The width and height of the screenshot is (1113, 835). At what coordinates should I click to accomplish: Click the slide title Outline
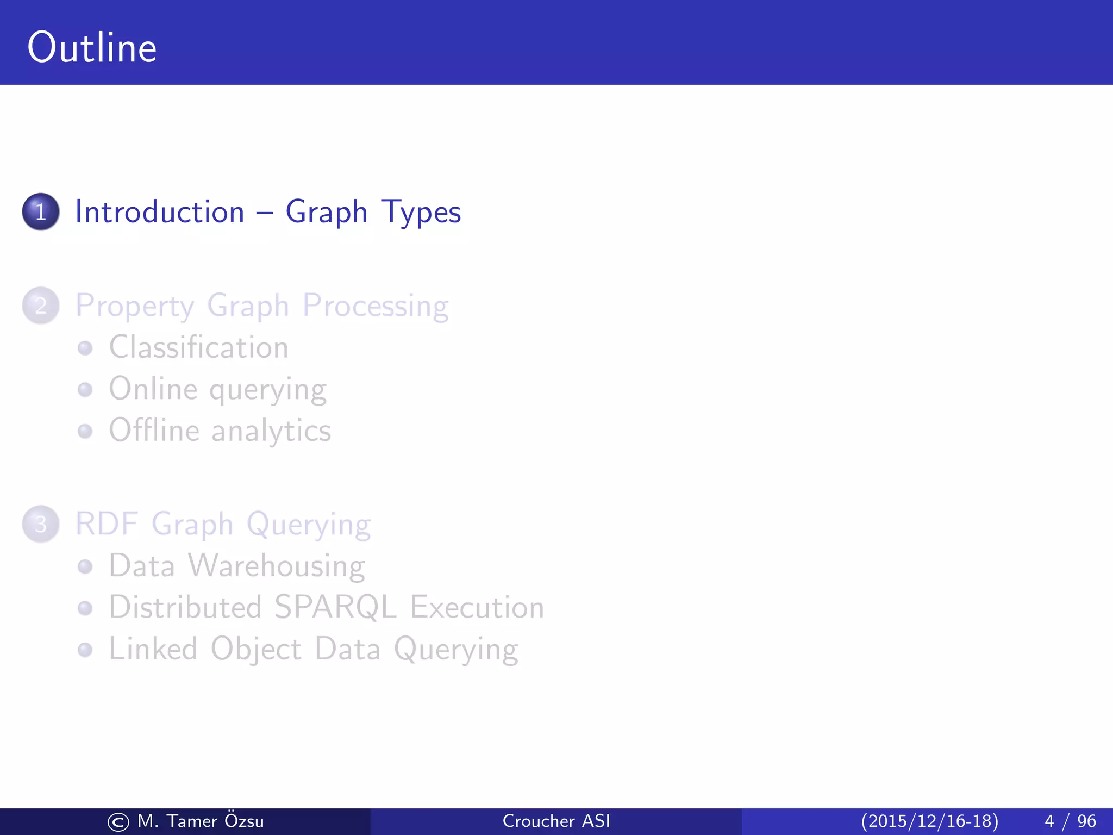point(92,48)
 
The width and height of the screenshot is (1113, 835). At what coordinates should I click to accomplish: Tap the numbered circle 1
point(41,211)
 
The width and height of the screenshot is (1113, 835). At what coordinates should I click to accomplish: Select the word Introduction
point(160,211)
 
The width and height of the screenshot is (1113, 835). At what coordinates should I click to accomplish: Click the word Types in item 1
point(421,213)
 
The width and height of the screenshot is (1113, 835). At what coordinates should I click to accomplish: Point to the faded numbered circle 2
point(41,306)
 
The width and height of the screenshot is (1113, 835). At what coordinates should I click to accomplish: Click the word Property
point(134,307)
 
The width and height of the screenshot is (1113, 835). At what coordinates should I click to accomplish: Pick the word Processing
point(376,307)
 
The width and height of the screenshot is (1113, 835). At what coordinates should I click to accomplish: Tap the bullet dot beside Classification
point(85,348)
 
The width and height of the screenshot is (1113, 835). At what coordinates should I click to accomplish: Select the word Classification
point(199,347)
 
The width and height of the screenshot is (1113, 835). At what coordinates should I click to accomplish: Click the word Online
point(153,389)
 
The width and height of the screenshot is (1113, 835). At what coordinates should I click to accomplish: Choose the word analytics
point(271,432)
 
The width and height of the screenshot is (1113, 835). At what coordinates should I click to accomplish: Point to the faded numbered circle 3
point(41,524)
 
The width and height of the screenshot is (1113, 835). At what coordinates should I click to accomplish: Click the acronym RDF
point(107,524)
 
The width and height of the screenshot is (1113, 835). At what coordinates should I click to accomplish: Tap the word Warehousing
point(277,566)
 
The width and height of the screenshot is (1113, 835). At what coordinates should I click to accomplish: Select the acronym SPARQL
point(335,607)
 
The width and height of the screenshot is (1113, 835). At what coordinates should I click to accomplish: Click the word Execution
point(477,607)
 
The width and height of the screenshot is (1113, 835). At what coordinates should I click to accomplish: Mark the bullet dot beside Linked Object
point(85,650)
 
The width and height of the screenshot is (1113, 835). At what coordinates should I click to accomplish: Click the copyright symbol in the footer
point(118,822)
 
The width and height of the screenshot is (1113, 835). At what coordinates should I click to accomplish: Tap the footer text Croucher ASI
point(556,821)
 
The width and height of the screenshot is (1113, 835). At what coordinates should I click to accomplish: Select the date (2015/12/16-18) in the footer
point(929,821)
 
